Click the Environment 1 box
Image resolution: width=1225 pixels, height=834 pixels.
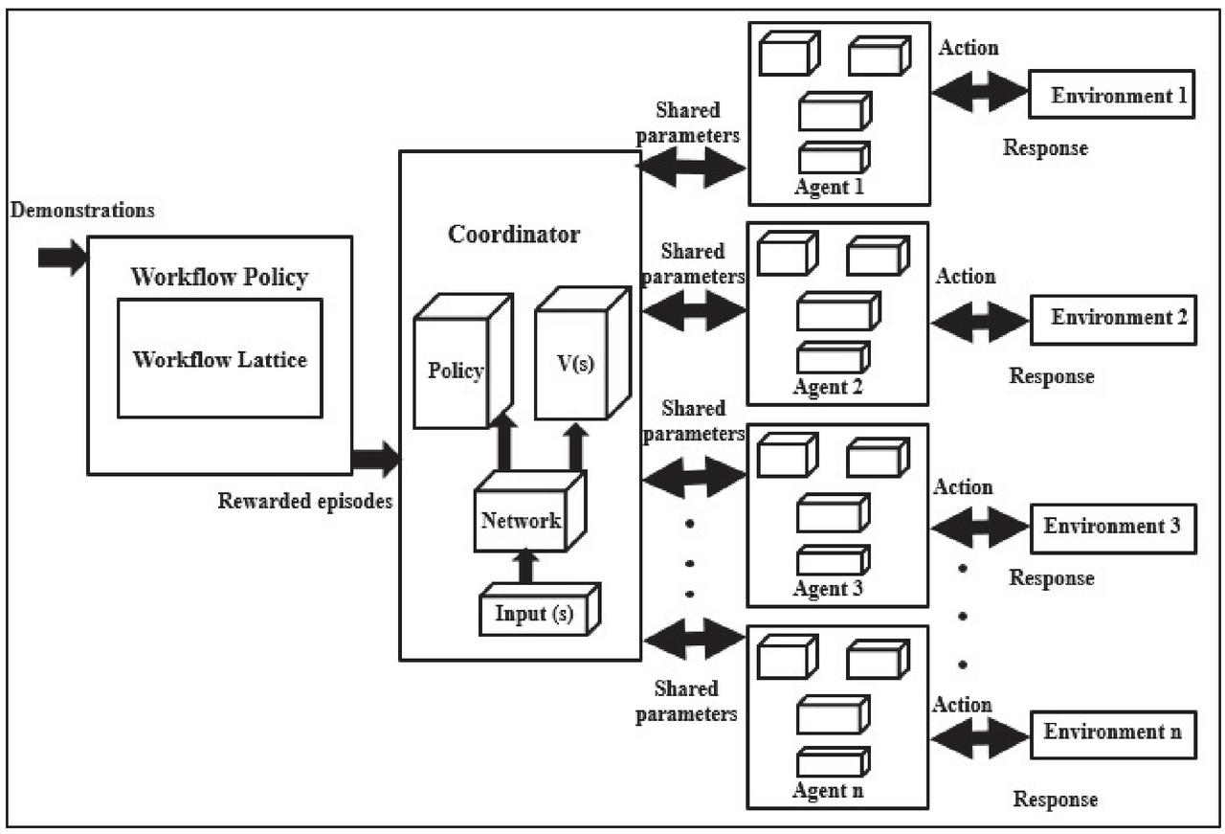pyautogui.click(x=1111, y=96)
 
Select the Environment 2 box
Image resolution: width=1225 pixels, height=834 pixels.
pyautogui.click(x=1111, y=318)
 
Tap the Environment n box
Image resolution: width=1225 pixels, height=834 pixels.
pyautogui.click(x=1112, y=733)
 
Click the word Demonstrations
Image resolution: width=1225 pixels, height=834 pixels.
pyautogui.click(x=82, y=210)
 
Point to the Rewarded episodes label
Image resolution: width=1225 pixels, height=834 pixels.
pyautogui.click(x=305, y=501)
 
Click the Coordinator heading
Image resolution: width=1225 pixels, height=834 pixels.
pyautogui.click(x=514, y=235)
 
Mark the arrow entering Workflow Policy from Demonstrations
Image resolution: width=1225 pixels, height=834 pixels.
pyautogui.click(x=62, y=258)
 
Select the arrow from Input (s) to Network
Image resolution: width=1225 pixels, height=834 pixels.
pyautogui.click(x=524, y=566)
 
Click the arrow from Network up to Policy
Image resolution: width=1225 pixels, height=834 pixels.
pyautogui.click(x=504, y=444)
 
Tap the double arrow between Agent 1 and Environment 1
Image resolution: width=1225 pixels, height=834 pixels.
pyautogui.click(x=979, y=92)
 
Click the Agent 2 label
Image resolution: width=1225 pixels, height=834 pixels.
pyautogui.click(x=828, y=388)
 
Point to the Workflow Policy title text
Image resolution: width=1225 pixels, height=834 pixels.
pyautogui.click(x=219, y=278)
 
